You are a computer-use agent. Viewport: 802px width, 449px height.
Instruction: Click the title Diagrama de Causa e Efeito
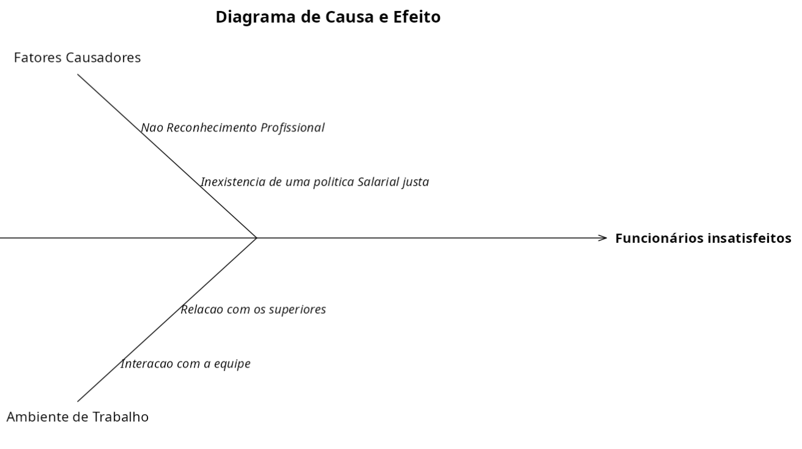[328, 18]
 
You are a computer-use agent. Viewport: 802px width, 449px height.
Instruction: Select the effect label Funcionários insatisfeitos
[703, 238]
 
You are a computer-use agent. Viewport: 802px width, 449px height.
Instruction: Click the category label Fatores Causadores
[77, 58]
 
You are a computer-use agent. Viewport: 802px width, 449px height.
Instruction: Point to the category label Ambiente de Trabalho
[77, 418]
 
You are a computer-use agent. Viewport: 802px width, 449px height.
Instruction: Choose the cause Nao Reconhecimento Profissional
[232, 128]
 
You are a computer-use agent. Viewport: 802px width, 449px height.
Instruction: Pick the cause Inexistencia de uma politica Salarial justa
[314, 182]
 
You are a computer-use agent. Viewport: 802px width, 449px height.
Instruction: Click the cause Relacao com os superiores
[253, 310]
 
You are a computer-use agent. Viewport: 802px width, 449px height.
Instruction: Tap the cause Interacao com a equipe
[185, 364]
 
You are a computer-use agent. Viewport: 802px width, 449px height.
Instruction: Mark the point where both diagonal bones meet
[257, 237]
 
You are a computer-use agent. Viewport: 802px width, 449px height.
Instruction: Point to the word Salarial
[378, 182]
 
